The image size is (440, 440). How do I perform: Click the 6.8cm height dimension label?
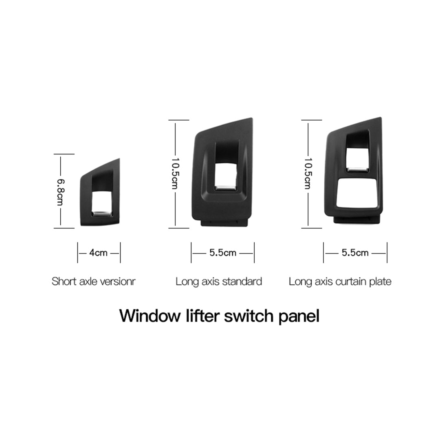(60, 191)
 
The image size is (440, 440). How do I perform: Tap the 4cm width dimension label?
(98, 253)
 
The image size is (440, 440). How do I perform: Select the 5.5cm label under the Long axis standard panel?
(223, 253)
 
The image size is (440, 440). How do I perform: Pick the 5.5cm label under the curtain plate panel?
(355, 253)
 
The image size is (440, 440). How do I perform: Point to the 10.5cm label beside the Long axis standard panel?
(175, 173)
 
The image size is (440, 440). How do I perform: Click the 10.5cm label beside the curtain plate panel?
(308, 173)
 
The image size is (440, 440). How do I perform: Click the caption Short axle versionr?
(93, 282)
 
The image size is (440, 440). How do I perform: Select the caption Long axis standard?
(219, 282)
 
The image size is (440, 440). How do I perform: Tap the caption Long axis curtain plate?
(340, 282)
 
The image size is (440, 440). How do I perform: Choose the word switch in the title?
(249, 316)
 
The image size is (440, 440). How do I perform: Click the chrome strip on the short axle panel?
(102, 214)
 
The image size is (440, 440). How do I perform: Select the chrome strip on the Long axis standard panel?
(226, 188)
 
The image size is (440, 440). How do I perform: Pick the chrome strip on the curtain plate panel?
(357, 169)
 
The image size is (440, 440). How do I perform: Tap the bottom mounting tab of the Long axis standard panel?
(224, 222)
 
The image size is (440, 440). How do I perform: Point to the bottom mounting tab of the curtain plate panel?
(356, 220)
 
